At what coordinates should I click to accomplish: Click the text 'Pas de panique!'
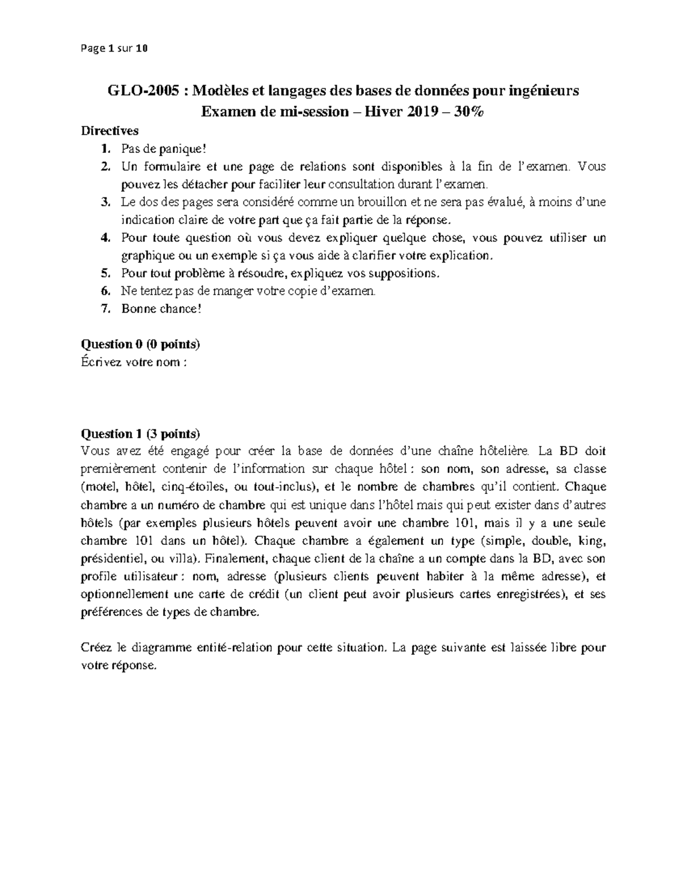pos(162,149)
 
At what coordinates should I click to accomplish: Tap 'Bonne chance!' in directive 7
pos(161,309)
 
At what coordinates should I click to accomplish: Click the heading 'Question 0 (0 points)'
pos(141,344)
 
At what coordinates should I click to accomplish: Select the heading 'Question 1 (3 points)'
pos(141,433)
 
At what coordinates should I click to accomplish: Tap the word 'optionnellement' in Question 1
pos(124,594)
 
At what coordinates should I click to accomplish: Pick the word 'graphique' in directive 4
pos(147,255)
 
